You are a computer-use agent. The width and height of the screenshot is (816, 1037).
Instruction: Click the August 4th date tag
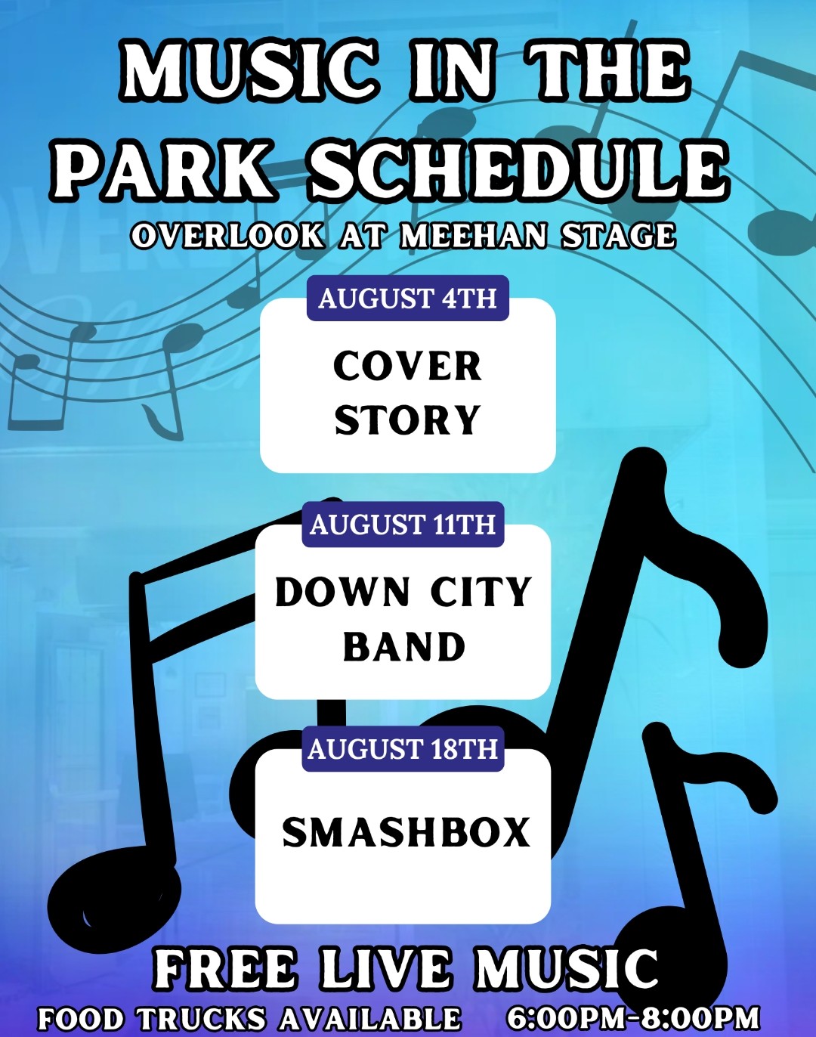(407, 298)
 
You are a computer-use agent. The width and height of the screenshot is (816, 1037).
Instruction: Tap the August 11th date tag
(403, 525)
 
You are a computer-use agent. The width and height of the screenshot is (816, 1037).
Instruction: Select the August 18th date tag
(403, 749)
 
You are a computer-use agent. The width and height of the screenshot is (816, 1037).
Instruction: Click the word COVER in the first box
(407, 367)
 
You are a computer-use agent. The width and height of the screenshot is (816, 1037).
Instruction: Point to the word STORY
(407, 419)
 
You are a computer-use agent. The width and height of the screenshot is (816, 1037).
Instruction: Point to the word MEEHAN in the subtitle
(474, 236)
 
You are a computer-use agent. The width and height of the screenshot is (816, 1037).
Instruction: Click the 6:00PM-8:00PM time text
(633, 1017)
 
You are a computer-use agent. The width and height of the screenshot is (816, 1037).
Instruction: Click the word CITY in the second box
(481, 592)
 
